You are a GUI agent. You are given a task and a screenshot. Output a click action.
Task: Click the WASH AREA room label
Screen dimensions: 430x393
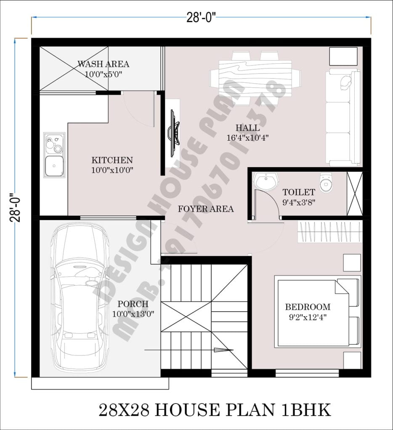[103, 64]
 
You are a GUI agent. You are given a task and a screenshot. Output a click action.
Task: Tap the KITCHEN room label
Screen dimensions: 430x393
[112, 160]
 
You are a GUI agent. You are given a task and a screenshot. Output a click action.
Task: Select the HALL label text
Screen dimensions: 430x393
[247, 128]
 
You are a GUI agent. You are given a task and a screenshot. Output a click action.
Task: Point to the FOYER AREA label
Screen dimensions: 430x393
[206, 209]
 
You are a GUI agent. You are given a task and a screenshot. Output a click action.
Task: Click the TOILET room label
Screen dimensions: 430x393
[299, 192]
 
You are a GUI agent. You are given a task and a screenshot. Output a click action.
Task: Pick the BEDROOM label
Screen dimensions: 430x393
[308, 307]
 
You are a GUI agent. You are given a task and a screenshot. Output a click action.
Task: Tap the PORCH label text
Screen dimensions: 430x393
[133, 304]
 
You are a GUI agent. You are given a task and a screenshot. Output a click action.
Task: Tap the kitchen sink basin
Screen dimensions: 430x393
[55, 165]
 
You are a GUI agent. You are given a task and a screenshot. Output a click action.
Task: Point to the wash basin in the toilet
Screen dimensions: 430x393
[266, 181]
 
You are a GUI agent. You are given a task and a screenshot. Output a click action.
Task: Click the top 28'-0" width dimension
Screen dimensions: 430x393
[202, 17]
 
